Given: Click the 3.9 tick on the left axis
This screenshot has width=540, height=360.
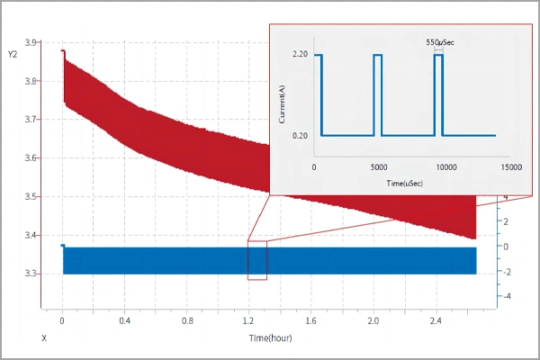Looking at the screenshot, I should click(x=31, y=42).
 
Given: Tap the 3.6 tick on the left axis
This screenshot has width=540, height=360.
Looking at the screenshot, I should click(x=31, y=158).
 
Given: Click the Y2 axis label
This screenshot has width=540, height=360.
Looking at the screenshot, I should click(x=12, y=55).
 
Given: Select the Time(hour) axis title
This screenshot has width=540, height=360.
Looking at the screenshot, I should click(x=270, y=338).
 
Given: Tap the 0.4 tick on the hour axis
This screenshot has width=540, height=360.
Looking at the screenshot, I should click(x=123, y=320).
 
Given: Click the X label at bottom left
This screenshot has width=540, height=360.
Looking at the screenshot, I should click(x=43, y=338).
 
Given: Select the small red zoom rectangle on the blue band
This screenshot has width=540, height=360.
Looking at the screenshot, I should click(x=257, y=260).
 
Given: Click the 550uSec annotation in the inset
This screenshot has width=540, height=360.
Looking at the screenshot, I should click(x=439, y=41).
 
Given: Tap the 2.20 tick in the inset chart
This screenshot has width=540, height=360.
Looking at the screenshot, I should click(x=301, y=55).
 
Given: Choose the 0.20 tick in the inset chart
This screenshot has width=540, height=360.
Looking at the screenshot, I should click(x=301, y=136).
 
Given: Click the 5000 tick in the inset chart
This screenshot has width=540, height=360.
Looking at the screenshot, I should click(x=379, y=166).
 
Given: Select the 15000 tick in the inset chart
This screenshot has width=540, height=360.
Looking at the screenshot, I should click(x=509, y=166).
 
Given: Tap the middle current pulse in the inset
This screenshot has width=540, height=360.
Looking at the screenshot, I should click(x=378, y=90).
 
